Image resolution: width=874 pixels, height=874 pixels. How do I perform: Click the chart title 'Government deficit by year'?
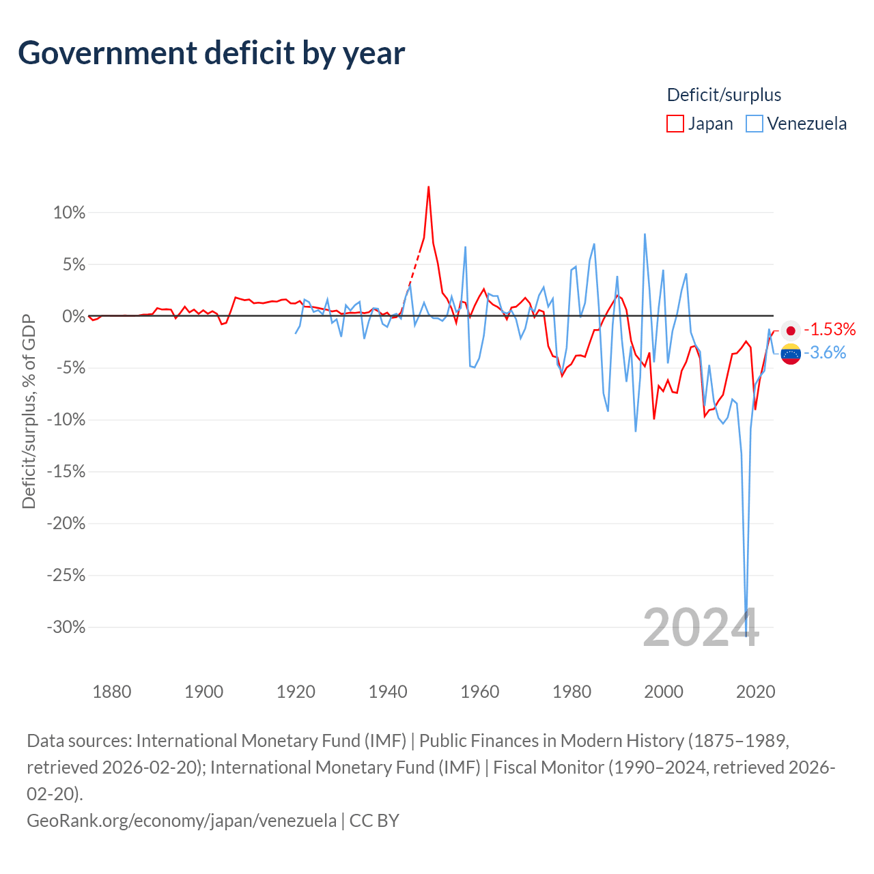[x=212, y=53]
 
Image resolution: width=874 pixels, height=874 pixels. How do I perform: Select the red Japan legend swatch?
[x=675, y=124]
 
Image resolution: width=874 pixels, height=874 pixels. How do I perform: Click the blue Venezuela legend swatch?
[x=754, y=124]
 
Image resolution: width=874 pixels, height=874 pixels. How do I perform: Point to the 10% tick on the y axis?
[x=69, y=213]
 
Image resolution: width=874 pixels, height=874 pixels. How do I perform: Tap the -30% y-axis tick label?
[x=66, y=627]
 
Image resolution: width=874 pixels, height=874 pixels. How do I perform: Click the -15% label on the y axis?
[x=66, y=472]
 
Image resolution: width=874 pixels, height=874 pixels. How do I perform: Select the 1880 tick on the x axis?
[x=112, y=692]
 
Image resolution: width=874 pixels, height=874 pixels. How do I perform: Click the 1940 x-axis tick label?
[x=388, y=692]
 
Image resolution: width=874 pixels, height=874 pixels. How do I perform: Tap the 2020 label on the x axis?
[x=756, y=692]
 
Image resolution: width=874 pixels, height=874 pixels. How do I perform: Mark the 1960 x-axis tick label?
[x=480, y=692]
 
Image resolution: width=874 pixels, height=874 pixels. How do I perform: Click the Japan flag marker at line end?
[x=791, y=331]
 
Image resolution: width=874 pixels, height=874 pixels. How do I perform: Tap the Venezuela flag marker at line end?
[x=791, y=354]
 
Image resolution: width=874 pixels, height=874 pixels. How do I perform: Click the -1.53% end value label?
[x=830, y=330]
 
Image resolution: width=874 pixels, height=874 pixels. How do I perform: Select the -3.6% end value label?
[x=825, y=353]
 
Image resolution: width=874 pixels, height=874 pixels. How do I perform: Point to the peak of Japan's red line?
[x=428, y=186]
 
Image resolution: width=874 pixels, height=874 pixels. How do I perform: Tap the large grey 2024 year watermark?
[x=701, y=628]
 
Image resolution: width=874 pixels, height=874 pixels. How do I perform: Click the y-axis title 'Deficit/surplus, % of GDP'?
[x=29, y=411]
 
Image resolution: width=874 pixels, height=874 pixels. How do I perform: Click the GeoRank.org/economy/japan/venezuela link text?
[x=182, y=820]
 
